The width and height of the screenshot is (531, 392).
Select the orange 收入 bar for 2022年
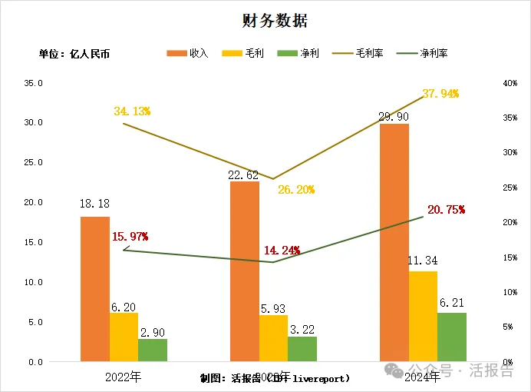tap(95, 289)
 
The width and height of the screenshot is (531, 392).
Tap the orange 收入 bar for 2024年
tap(394, 242)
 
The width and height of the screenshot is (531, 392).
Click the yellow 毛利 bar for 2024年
tap(423, 316)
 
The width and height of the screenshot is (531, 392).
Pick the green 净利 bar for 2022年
tap(153, 350)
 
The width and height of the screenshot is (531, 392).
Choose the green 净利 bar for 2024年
tap(452, 337)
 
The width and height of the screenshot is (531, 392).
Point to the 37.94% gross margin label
tap(440, 94)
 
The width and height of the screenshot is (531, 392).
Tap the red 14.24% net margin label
tap(281, 251)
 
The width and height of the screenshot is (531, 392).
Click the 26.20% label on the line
tap(295, 189)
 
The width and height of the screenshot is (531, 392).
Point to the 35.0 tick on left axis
tap(32, 83)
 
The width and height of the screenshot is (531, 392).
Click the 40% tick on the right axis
tap(499, 83)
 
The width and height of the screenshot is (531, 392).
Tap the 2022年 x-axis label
tap(124, 377)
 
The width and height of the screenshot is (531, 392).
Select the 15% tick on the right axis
tap(499, 257)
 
